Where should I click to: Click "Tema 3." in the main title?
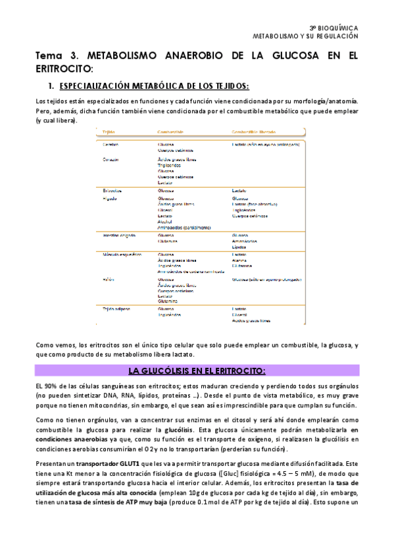pos(54,57)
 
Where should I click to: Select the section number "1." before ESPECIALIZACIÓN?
pos(50,86)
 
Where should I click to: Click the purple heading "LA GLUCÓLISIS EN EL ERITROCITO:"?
pos(197,370)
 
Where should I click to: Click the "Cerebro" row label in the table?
pos(111,144)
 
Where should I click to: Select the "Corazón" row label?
pos(111,159)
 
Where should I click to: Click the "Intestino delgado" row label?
pos(120,235)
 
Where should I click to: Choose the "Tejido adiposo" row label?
pos(116,308)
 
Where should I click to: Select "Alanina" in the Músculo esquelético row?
pos(239,260)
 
